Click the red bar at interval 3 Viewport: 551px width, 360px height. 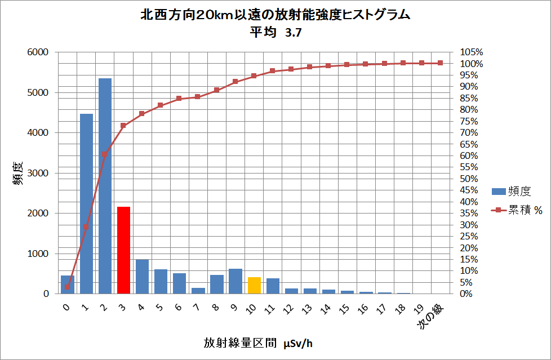click(123, 250)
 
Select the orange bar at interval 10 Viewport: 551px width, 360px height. click(254, 286)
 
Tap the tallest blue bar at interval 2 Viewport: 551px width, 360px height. click(105, 186)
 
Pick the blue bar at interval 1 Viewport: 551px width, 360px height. click(86, 203)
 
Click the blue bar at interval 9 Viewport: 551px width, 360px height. click(235, 281)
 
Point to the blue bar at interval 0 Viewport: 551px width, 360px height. click(68, 285)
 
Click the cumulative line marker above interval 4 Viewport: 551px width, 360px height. click(142, 114)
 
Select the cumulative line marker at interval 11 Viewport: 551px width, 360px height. click(272, 71)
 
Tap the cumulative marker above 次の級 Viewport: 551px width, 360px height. click(440, 63)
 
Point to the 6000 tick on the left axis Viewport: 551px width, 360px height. click(38, 52)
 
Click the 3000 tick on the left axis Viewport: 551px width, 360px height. click(38, 173)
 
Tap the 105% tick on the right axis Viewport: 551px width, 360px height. click(472, 52)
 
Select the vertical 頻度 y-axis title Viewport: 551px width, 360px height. click(17, 173)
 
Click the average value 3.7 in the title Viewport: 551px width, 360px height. click(294, 33)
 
